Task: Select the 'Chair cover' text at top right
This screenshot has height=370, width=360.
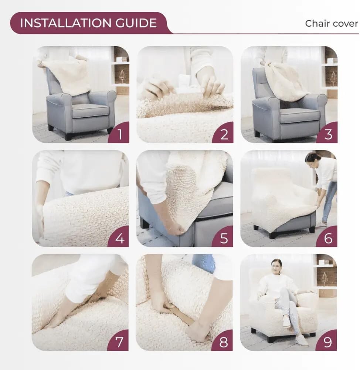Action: coord(331,23)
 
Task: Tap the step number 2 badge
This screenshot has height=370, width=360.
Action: coord(224,134)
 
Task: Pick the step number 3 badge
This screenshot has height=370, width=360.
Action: coord(328,134)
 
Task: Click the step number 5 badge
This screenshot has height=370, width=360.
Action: coord(224,238)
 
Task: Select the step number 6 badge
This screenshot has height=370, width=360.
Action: coord(328,238)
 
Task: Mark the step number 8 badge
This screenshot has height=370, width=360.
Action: coord(224,342)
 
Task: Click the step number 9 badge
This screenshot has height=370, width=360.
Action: coord(328,342)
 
